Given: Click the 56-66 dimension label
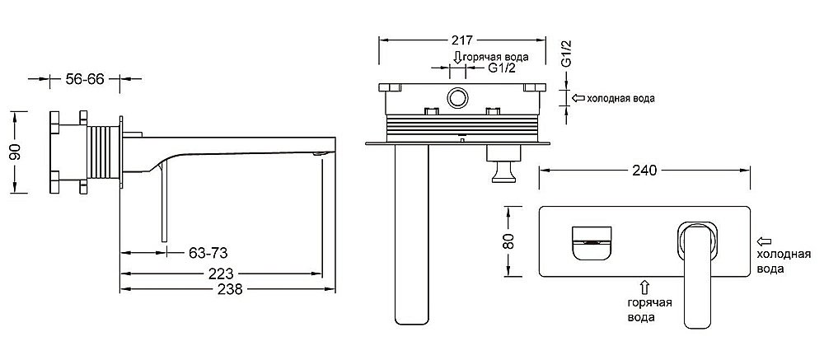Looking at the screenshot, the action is [85, 79].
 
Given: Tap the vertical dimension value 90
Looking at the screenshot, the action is [16, 152].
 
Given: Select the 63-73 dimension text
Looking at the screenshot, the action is [208, 253].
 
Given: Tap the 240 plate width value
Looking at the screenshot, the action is [645, 171].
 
